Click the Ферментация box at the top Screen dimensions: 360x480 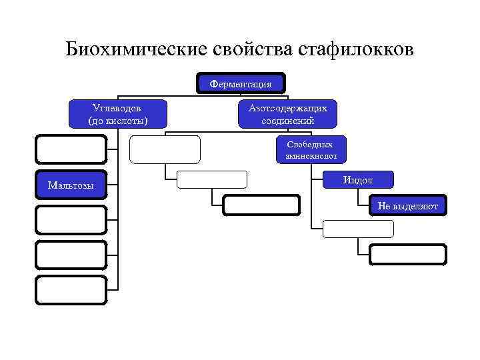point(241,84)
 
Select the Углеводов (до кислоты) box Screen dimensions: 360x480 point(117,113)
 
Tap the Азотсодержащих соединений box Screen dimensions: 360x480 point(287,113)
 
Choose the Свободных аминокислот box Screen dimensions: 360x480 point(308,151)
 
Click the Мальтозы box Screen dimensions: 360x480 point(71,185)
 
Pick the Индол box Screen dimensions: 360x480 point(358,180)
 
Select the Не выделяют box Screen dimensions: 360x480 point(407,206)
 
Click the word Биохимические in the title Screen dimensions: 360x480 point(137,50)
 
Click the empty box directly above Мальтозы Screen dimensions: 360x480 point(71,149)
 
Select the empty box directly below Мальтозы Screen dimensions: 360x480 point(71,219)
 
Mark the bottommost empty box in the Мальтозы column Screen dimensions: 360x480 point(71,290)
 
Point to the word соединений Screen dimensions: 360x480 point(287,121)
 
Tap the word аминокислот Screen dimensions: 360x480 point(308,157)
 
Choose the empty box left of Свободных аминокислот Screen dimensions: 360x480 point(164,149)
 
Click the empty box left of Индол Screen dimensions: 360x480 point(211,179)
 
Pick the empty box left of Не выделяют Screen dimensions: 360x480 point(261,205)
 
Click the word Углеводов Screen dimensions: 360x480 point(117,107)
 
